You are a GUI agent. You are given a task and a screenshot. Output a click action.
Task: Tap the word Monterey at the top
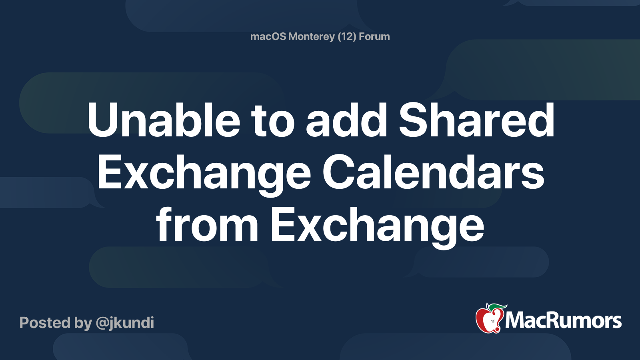tap(311, 36)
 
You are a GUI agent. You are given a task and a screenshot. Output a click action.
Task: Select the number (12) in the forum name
tap(347, 36)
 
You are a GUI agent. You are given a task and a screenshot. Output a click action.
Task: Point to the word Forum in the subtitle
tap(374, 36)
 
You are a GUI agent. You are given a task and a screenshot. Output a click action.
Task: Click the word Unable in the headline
tap(164, 120)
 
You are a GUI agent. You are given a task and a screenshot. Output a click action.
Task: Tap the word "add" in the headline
tap(346, 120)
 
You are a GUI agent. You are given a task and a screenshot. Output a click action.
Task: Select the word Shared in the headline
tap(476, 120)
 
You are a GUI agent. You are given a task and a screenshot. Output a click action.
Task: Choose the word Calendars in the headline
tap(433, 173)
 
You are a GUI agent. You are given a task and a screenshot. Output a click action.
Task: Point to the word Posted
tap(45, 323)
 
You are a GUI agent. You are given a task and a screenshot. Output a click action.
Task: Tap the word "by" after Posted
tap(83, 323)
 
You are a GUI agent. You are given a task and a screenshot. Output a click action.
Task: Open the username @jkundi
tap(125, 323)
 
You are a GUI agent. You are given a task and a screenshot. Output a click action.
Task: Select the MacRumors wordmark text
tap(563, 321)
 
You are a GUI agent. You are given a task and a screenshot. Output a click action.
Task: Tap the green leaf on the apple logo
tap(498, 307)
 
